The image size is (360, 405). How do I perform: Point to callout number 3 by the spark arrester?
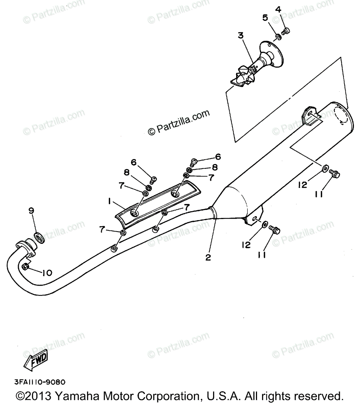click(240, 35)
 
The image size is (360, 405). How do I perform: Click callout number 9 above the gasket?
click(32, 211)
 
